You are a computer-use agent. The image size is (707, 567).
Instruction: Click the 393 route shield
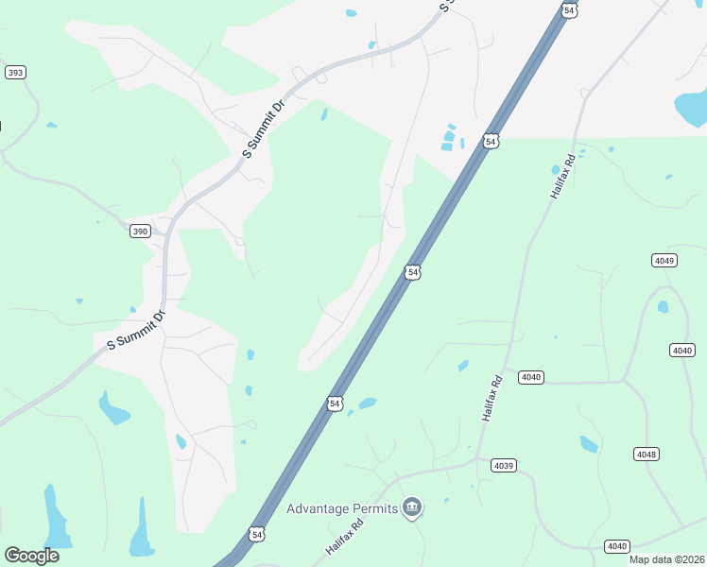tap(15, 73)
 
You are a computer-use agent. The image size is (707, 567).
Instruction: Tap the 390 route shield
tap(140, 232)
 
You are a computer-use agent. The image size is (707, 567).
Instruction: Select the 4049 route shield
tap(664, 260)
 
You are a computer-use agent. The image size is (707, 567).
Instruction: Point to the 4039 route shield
tap(504, 465)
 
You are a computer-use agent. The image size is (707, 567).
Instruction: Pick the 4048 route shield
tap(647, 455)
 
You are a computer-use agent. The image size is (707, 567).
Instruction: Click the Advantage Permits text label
tap(342, 508)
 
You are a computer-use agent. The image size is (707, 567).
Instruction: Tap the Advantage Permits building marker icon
tap(412, 508)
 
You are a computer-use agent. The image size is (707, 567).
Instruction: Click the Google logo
tap(31, 555)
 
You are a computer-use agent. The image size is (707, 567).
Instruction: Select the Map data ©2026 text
tap(666, 559)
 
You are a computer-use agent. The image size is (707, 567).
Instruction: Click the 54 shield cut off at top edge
tap(568, 9)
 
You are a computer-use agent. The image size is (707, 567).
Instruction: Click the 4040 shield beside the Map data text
tap(616, 546)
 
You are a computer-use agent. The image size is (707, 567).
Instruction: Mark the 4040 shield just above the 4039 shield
tap(531, 377)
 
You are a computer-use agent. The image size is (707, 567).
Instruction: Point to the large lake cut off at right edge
tap(691, 111)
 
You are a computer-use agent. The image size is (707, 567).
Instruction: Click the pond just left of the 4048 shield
tap(588, 443)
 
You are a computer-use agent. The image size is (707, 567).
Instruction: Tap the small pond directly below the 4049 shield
tap(663, 306)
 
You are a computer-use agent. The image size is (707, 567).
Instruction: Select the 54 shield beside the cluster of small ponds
tap(490, 141)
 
